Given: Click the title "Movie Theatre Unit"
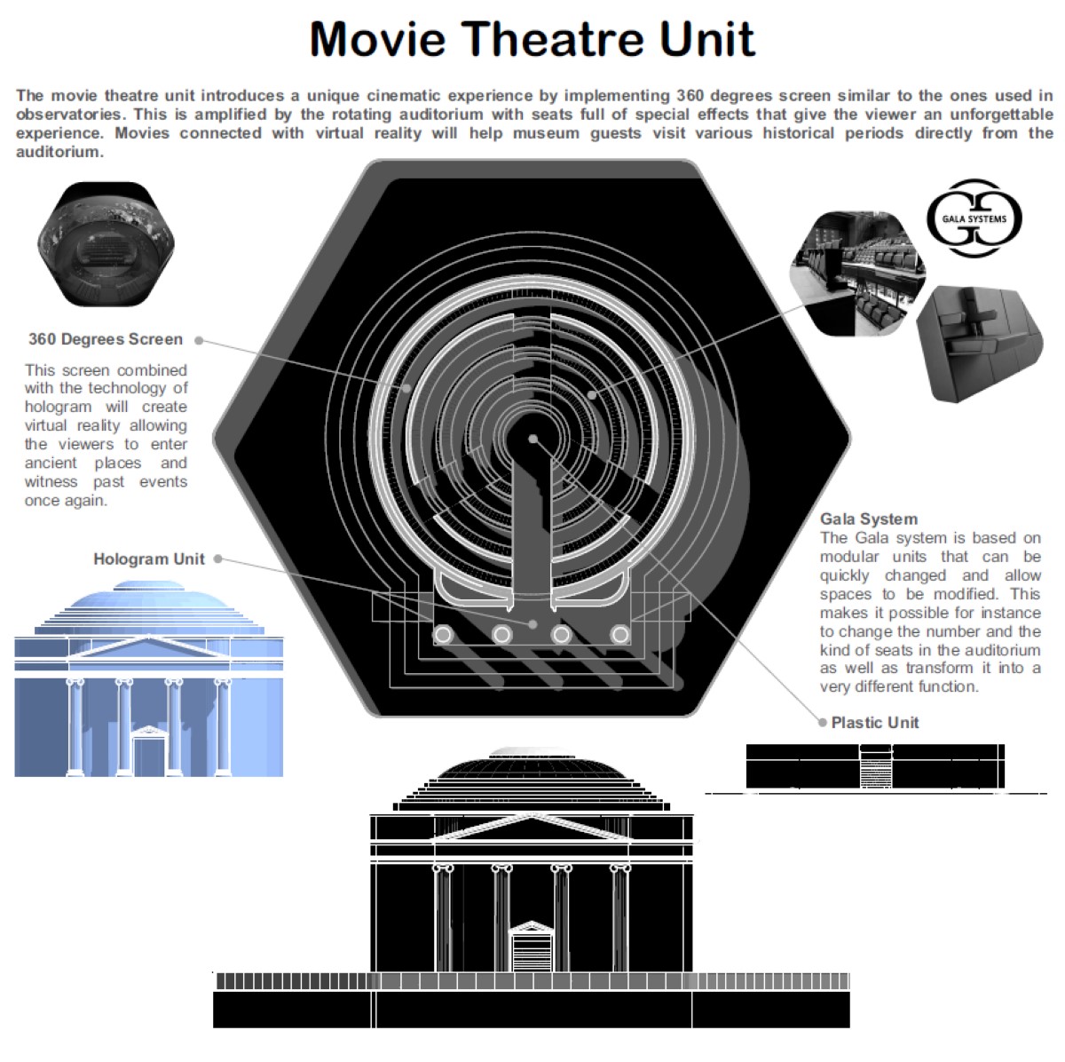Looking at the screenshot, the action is click(532, 39).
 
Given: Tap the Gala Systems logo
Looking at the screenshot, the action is click(974, 218).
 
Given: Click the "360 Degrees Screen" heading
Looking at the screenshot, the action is click(106, 339).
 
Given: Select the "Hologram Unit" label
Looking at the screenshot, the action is click(149, 559).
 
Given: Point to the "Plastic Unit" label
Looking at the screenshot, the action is click(875, 723).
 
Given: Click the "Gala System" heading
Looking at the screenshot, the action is click(869, 519).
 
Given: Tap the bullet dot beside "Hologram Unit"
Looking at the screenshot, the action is click(218, 559).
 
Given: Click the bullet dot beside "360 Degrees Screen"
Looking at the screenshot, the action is click(199, 340).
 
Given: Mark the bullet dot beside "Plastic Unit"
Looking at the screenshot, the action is click(823, 723).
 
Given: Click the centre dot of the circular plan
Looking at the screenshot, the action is click(532, 440).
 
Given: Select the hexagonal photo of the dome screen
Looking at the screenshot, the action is click(106, 244).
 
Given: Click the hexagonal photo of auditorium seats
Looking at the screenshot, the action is click(857, 273).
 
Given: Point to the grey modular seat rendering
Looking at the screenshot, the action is click(979, 344).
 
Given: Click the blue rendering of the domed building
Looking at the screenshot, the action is click(149, 678).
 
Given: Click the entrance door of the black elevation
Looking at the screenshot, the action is click(531, 947).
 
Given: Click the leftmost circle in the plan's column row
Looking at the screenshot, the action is click(443, 634).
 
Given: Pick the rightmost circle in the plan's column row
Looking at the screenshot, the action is click(620, 634).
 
